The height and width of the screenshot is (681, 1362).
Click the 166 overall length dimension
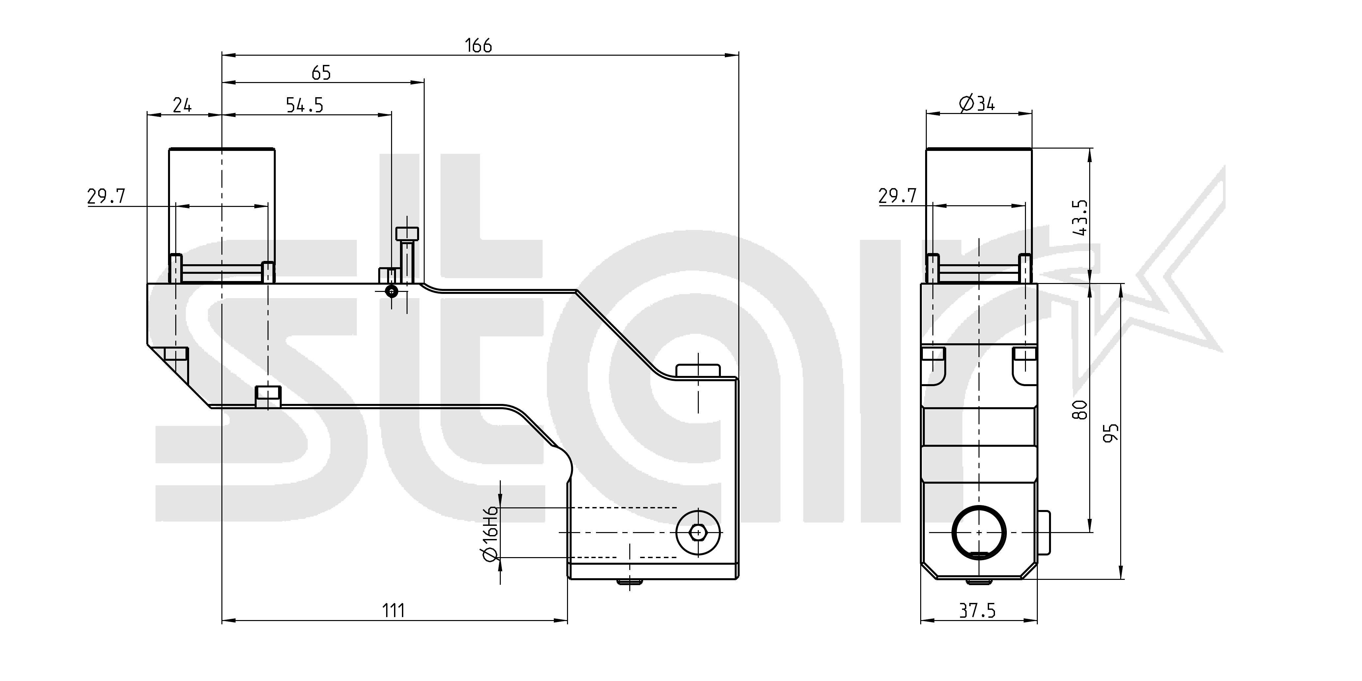coord(478,46)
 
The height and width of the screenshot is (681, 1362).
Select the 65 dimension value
coord(321,73)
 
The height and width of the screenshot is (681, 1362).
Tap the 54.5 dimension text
coord(304,105)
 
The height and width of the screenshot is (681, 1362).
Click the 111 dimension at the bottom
coord(393,611)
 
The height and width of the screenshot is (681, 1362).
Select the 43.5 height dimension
coord(1080,217)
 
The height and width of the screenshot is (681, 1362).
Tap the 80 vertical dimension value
coord(1080,410)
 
